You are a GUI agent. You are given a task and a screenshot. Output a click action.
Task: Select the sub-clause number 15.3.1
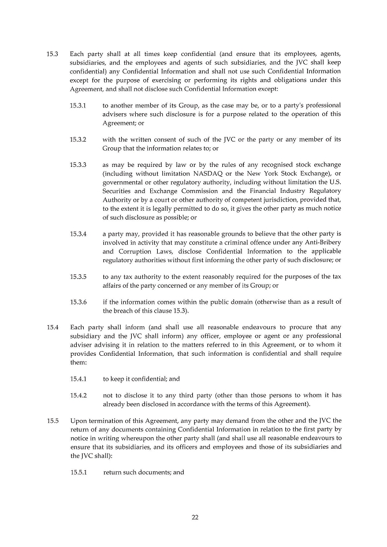pos(78,106)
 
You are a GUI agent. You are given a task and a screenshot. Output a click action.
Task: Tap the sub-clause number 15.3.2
pos(78,139)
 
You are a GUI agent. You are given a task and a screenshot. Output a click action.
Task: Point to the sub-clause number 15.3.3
pos(78,165)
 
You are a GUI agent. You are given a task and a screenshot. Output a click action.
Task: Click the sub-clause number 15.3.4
pos(78,234)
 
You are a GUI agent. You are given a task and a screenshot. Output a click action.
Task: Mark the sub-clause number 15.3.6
pos(78,302)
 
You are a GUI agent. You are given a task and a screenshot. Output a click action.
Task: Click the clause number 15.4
pos(52,327)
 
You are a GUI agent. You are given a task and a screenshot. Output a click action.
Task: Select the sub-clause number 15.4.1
pos(78,379)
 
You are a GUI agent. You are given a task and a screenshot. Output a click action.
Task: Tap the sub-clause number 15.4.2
pos(78,395)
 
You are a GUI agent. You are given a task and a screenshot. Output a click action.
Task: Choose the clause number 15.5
pos(52,421)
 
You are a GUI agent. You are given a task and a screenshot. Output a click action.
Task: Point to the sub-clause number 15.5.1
pos(78,472)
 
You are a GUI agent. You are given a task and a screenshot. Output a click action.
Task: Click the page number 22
pos(195,517)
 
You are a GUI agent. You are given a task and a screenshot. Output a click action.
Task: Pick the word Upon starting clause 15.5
pos(78,421)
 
